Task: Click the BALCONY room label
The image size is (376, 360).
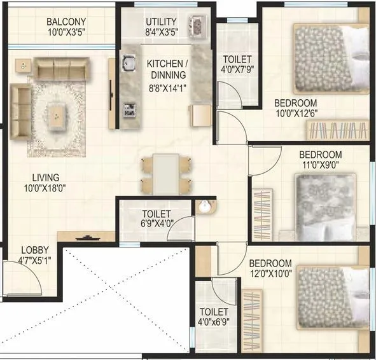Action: (x=66, y=22)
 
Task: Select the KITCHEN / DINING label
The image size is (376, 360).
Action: (x=168, y=69)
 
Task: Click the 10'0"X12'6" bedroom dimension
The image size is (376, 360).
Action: (x=295, y=114)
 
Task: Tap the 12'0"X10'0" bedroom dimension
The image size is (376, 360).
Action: (x=270, y=275)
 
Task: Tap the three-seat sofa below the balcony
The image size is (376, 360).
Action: (x=62, y=68)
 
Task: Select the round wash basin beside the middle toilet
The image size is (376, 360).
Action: (x=204, y=207)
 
